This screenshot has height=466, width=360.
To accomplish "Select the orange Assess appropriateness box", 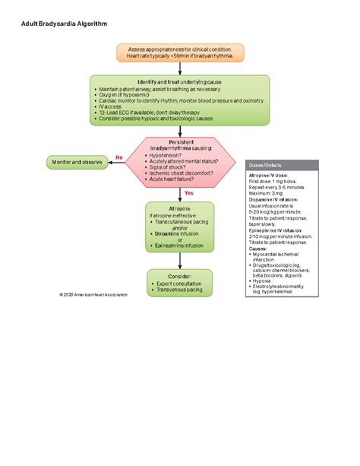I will tap(179, 53).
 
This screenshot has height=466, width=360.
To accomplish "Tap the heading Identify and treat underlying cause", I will tap(179, 82).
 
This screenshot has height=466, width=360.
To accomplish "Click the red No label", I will tap(118, 157).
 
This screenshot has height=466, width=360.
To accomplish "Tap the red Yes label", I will tap(189, 193).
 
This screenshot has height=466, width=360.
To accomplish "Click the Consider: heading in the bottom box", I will tap(179, 275).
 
